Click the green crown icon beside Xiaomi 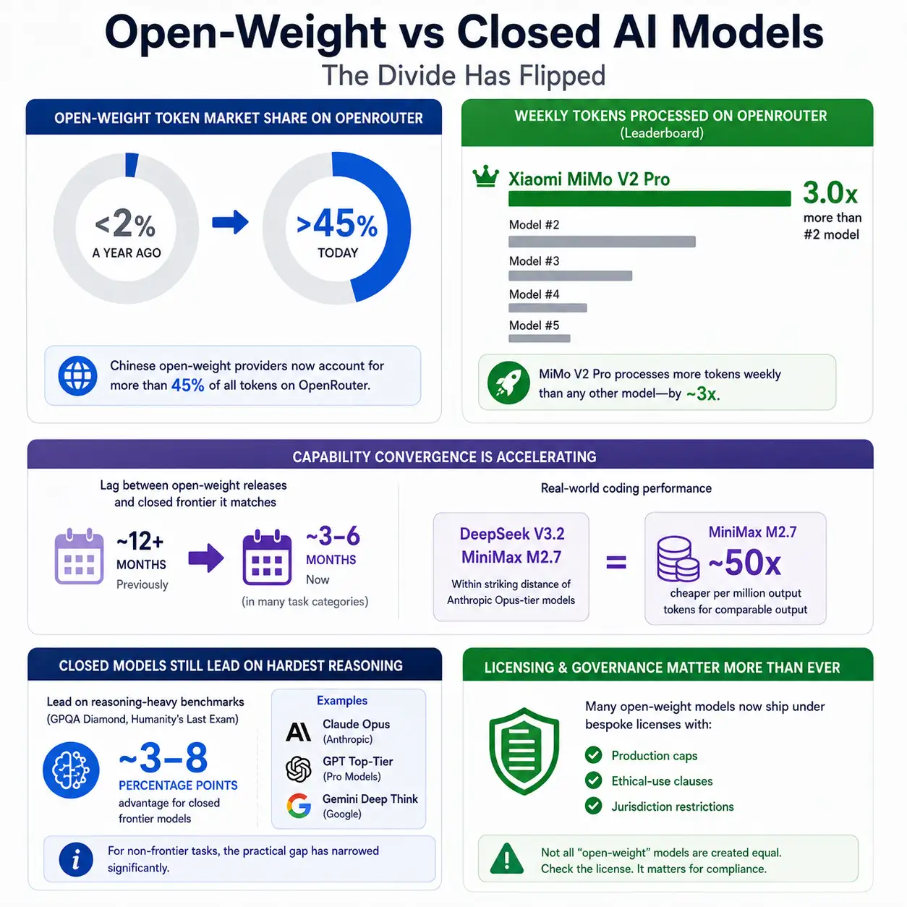[x=485, y=177]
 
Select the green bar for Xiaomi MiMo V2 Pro [x=650, y=198]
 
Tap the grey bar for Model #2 [x=602, y=242]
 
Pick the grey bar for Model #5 [x=540, y=338]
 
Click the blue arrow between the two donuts [x=230, y=222]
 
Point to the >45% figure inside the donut [x=337, y=224]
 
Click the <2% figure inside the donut [x=125, y=223]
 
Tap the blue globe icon [x=77, y=375]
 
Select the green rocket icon [x=508, y=383]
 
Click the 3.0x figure [x=830, y=192]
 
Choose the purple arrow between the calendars [x=205, y=558]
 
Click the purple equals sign [x=616, y=562]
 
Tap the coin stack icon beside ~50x [x=678, y=558]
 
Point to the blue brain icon [x=71, y=770]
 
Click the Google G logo [x=299, y=805]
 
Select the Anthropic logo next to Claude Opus [x=299, y=732]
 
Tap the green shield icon [x=524, y=751]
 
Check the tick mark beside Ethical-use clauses [x=594, y=780]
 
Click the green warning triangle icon [x=506, y=859]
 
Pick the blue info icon [x=76, y=859]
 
